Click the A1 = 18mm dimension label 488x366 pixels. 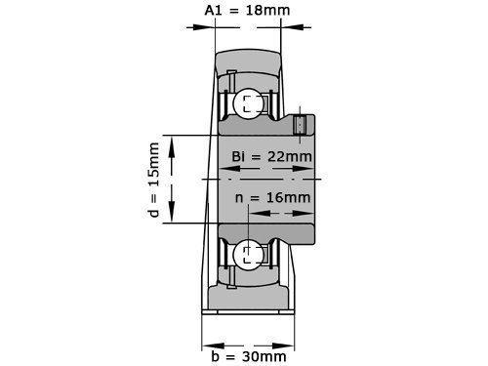247,10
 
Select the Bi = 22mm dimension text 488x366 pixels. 271,156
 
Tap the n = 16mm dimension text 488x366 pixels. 272,197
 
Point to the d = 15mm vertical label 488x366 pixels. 153,180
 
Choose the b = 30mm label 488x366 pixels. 249,356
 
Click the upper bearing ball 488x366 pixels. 249,103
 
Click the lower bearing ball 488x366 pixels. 249,255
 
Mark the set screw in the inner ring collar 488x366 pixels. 300,125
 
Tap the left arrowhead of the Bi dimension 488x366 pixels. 230,169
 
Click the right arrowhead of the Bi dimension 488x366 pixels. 304,169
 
